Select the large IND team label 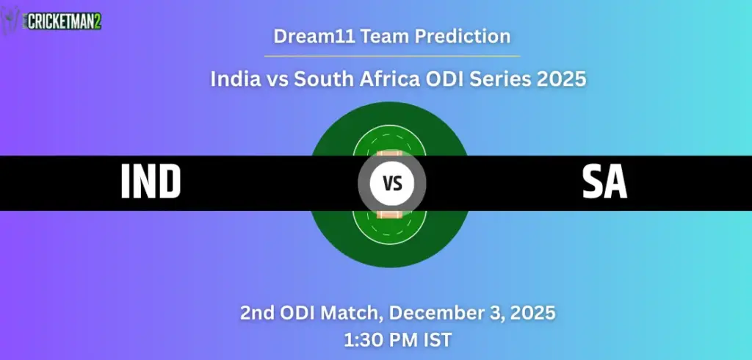(151, 183)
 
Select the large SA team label (604, 183)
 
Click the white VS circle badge (392, 183)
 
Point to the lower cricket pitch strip (388, 214)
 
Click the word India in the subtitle (234, 79)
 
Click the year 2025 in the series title (562, 79)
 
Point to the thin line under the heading (391, 56)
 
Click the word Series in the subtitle (497, 79)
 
